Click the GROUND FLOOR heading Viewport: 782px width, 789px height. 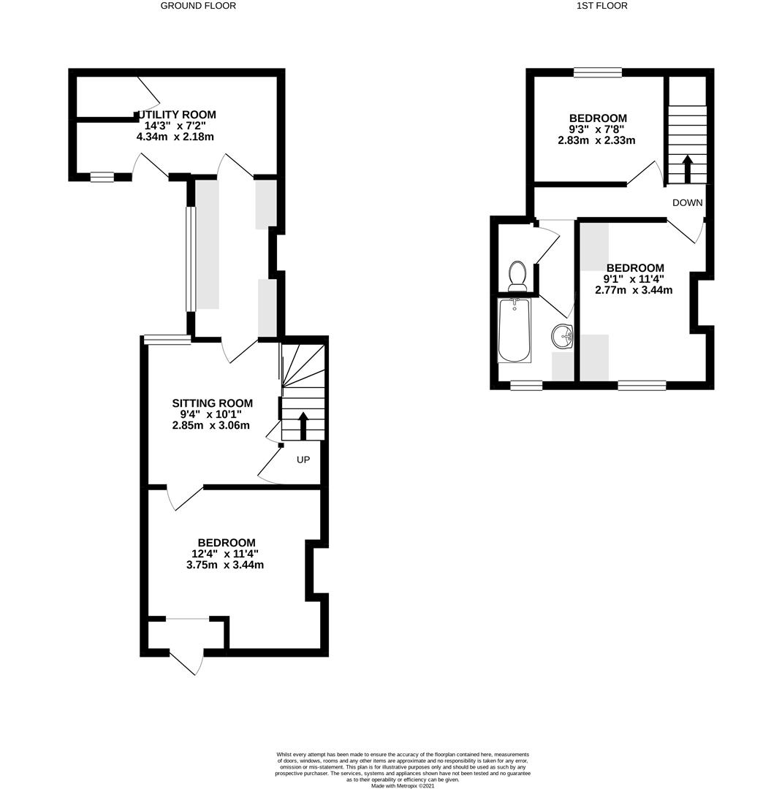coord(198,6)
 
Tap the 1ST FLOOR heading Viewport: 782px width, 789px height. coord(601,6)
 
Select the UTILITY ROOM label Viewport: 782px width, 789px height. coord(175,115)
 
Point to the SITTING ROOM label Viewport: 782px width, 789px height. coord(212,403)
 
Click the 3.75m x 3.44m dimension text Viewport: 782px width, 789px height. coord(225,565)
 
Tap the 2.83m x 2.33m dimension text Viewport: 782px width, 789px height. coord(596,140)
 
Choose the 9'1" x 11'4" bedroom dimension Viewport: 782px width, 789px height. coord(634,279)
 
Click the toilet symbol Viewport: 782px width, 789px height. coord(517,275)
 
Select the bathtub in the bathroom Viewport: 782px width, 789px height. coord(514,330)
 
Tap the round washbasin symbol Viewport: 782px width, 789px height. coord(563,335)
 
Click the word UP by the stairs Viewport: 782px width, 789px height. coord(303,460)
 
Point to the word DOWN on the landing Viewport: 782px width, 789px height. coord(687,202)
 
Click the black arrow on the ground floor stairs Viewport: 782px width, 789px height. coord(303,426)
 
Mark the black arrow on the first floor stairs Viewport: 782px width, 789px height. coord(687,169)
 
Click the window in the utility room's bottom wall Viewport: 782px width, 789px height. coord(102,177)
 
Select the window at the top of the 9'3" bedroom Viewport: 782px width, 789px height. coord(598,72)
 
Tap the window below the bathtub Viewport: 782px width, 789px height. coord(526,386)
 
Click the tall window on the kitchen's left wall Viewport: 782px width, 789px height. coord(190,259)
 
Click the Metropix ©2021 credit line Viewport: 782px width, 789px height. coord(403,785)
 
